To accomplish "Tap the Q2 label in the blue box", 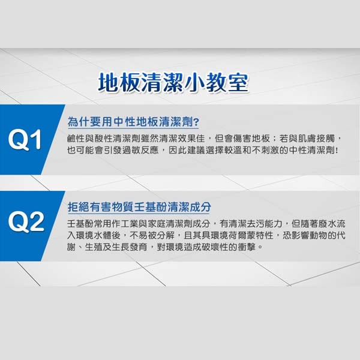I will [27, 222].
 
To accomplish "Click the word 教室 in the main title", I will [229, 84].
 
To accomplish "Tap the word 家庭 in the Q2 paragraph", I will [160, 224].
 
